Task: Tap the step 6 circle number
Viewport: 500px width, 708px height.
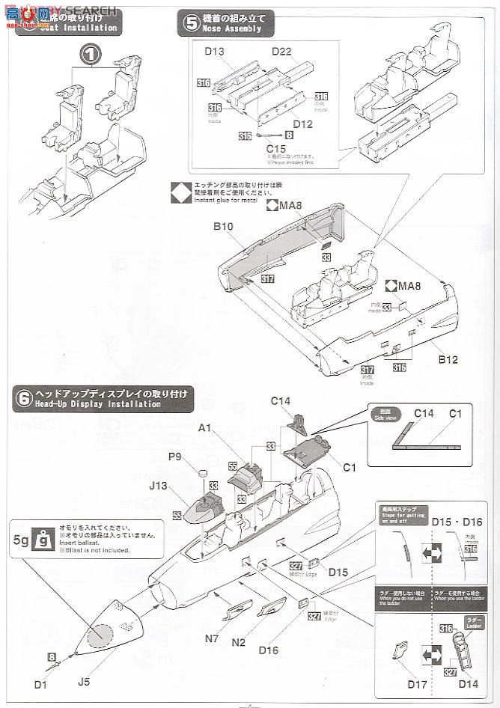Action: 22,398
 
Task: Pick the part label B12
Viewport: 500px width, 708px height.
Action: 448,360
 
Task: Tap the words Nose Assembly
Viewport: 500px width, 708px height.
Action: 234,29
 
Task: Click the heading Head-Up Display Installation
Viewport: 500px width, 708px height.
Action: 97,404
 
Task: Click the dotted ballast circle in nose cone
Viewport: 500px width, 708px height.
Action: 101,636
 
